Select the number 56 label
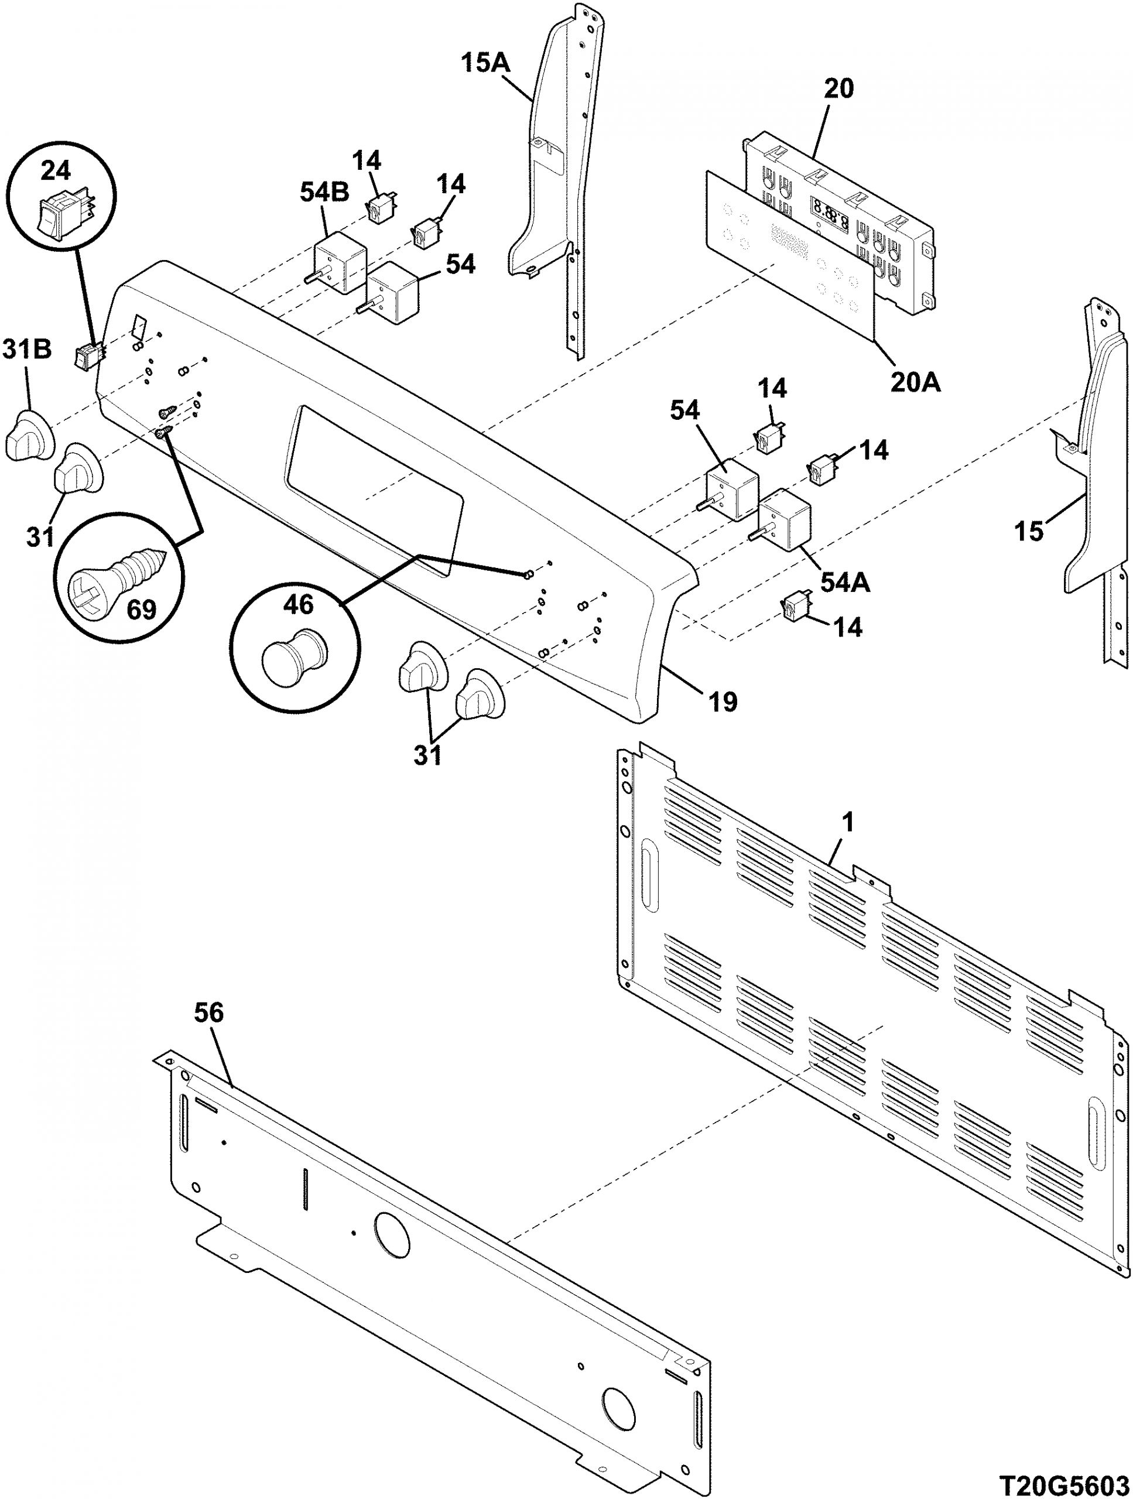208,1013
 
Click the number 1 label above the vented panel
848,823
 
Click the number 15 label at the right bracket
1028,531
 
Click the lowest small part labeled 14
792,604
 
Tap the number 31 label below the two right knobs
428,754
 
